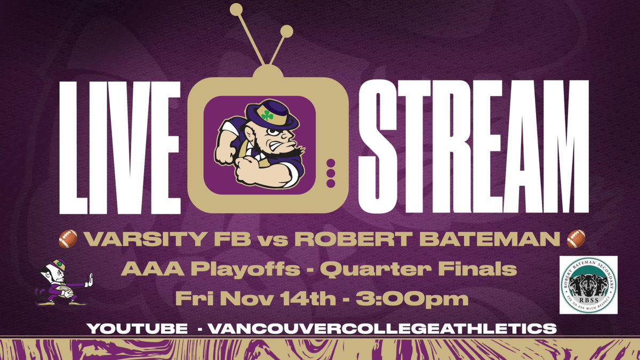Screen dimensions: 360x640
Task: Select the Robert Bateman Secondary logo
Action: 588,285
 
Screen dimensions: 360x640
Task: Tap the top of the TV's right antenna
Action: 287,31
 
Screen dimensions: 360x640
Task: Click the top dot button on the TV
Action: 330,163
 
